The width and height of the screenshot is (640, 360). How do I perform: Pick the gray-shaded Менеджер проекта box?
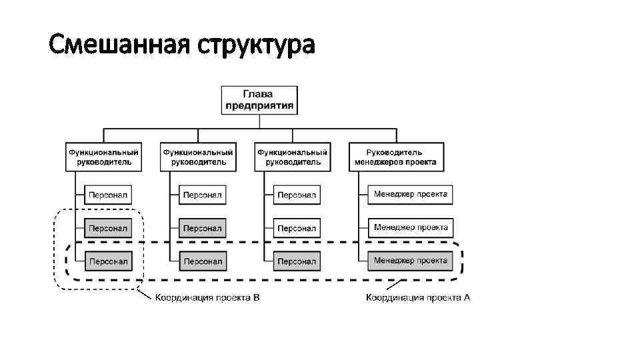tap(411, 260)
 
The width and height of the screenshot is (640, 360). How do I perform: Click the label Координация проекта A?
tap(418, 297)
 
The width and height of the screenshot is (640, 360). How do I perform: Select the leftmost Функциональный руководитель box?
tap(105, 157)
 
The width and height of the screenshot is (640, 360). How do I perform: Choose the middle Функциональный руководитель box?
tap(198, 157)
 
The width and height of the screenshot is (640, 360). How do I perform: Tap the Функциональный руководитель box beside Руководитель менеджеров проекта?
tap(293, 157)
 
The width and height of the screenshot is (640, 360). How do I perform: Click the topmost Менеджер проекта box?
tap(411, 194)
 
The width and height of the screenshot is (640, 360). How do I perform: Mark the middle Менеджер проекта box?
tap(411, 227)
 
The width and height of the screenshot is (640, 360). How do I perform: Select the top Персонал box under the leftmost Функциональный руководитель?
tap(108, 195)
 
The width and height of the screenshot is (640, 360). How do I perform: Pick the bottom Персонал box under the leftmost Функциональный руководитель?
tap(108, 261)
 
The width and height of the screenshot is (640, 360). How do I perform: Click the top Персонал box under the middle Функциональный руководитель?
tap(203, 195)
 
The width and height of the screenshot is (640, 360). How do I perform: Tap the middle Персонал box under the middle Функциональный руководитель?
tap(203, 228)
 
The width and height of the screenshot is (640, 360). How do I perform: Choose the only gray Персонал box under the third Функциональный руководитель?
tap(297, 261)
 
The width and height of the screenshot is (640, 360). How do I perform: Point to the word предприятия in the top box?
tap(260, 105)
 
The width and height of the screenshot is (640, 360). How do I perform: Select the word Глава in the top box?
tap(260, 93)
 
